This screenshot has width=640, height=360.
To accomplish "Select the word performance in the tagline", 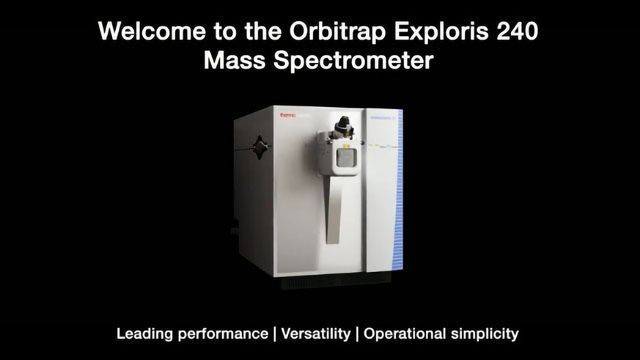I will pos(224,331).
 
